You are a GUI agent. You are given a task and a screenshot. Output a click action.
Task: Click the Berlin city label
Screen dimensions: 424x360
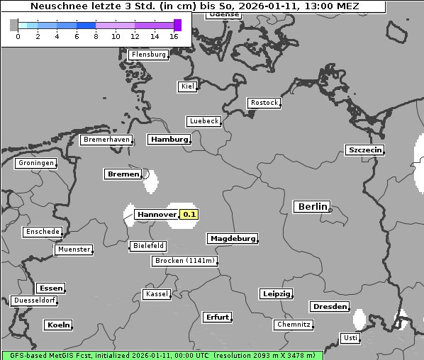click(x=311, y=207)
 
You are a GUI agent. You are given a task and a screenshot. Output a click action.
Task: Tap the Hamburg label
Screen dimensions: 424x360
click(x=169, y=140)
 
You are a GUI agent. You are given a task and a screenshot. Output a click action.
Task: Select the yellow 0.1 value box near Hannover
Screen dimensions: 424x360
click(x=189, y=214)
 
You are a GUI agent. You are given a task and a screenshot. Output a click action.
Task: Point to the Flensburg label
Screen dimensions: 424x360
click(x=148, y=55)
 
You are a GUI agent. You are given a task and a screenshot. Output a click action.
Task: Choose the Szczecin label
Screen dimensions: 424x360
click(x=364, y=150)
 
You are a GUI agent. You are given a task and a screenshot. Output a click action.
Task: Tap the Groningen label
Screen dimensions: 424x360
click(x=35, y=163)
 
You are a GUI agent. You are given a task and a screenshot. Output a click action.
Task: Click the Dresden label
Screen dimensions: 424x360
click(x=329, y=307)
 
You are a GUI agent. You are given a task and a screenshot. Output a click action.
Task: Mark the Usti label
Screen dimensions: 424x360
click(x=350, y=338)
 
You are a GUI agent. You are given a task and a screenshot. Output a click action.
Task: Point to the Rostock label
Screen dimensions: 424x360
click(x=264, y=103)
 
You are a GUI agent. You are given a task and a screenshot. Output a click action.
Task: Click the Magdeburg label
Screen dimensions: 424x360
click(x=232, y=239)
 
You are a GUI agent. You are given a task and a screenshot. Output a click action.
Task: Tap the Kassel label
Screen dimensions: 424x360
click(x=157, y=294)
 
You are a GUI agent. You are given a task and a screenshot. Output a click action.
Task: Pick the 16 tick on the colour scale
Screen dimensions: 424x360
click(x=174, y=36)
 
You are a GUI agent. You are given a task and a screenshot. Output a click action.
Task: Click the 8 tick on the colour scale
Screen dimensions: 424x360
click(x=96, y=36)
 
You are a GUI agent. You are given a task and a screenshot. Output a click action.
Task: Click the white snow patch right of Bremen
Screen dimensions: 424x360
click(x=151, y=181)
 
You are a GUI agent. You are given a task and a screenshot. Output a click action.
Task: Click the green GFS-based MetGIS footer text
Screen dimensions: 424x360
click(x=162, y=355)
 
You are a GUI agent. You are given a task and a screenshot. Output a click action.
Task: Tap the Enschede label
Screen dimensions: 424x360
click(x=42, y=232)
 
